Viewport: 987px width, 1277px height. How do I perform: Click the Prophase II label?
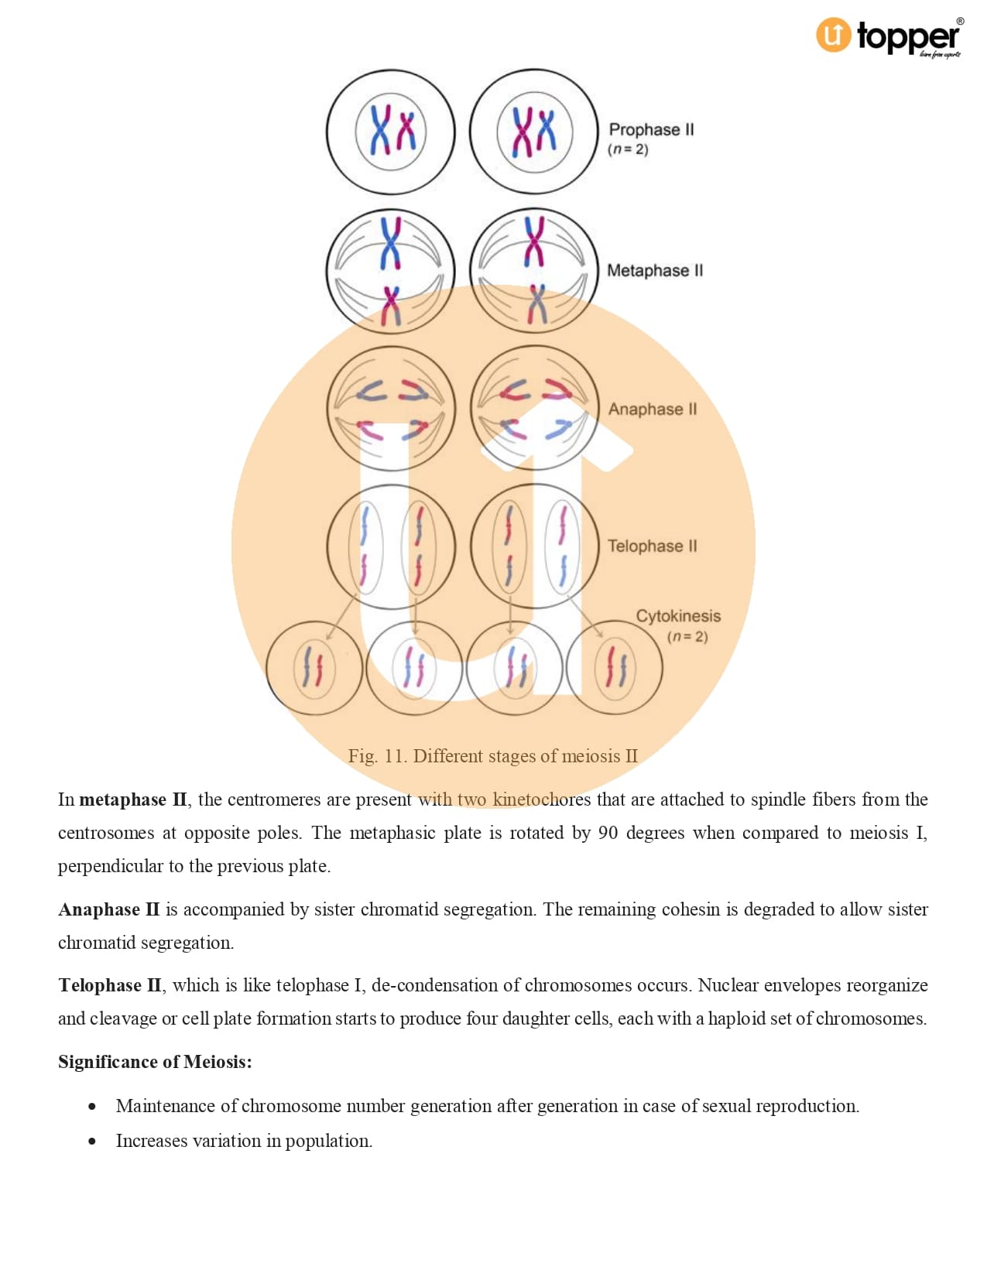651,129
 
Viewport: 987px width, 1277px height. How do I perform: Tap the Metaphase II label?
655,270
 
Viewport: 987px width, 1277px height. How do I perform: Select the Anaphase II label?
652,409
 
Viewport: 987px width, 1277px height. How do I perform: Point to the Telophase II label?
652,546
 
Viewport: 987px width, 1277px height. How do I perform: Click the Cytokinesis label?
678,616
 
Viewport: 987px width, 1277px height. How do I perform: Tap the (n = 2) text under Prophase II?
628,149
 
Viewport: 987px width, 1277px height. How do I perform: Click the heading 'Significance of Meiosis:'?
155,1062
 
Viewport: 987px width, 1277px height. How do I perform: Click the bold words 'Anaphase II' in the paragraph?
109,909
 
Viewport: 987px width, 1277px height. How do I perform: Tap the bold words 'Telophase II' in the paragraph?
110,985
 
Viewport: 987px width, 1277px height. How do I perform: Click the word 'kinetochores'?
541,799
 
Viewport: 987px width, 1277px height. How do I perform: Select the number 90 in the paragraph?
608,833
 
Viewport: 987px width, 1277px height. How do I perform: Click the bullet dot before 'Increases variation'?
92,1142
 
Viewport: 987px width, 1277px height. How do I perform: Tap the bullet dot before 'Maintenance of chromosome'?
92,1107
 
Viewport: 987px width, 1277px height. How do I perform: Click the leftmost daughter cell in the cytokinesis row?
314,667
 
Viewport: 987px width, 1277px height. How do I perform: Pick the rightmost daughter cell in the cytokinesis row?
615,667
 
